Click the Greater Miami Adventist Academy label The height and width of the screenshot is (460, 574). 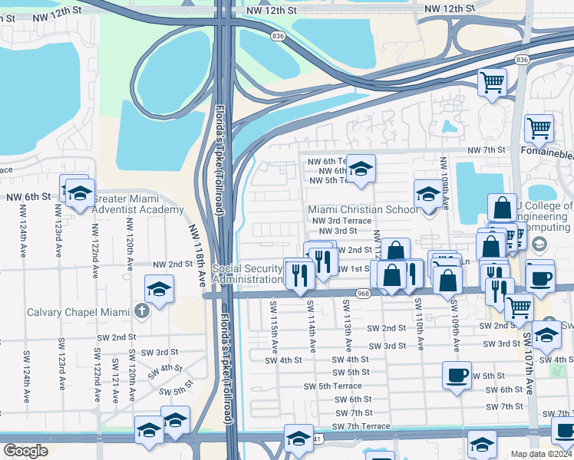[x=138, y=204]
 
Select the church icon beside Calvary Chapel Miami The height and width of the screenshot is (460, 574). [x=140, y=311]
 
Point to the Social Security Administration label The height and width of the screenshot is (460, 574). [x=247, y=274]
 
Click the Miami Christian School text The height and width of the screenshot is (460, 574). [x=363, y=209]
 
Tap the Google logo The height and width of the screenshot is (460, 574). [x=25, y=450]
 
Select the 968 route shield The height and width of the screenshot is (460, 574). [x=364, y=292]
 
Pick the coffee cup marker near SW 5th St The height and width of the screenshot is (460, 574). [x=457, y=376]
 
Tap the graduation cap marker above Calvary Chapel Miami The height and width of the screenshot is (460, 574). [x=159, y=289]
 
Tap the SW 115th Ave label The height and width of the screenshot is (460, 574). [x=274, y=328]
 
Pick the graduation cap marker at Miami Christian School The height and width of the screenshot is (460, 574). [x=428, y=193]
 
